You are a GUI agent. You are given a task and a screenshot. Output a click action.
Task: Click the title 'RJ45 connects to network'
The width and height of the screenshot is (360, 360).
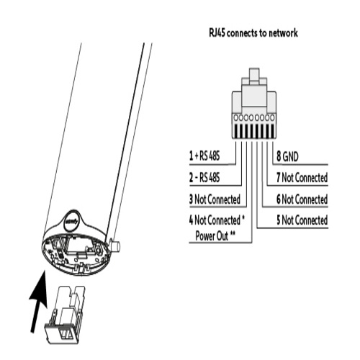click(253, 33)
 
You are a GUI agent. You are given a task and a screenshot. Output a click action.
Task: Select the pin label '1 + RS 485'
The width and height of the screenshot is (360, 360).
click(204, 156)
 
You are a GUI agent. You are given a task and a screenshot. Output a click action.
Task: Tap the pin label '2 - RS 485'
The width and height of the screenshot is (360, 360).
click(204, 178)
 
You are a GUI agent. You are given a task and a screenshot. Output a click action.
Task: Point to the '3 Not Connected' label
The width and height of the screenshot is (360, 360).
click(215, 199)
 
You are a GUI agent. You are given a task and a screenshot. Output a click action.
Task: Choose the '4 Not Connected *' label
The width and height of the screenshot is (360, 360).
click(217, 220)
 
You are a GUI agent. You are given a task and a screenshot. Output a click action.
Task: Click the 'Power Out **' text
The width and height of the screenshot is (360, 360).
click(215, 235)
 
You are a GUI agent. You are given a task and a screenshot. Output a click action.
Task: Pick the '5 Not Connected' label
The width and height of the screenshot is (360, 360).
click(302, 220)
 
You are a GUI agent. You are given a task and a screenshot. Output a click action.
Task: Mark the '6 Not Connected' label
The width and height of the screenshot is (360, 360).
click(302, 199)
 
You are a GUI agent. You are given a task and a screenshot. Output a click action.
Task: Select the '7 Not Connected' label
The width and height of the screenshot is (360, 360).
click(302, 178)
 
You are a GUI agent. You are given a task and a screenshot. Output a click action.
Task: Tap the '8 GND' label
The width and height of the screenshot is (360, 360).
click(287, 156)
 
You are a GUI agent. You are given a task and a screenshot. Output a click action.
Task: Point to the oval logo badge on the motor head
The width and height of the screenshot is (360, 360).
click(72, 221)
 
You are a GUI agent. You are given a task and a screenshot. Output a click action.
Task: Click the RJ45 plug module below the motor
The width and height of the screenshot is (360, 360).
click(64, 315)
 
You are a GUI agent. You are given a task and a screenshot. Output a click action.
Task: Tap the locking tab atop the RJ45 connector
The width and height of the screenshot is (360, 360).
click(254, 76)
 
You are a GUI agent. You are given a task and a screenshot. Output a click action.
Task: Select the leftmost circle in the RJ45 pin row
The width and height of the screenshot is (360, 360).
click(235, 117)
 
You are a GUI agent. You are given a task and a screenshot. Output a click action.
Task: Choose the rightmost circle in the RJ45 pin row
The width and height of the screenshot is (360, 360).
click(272, 117)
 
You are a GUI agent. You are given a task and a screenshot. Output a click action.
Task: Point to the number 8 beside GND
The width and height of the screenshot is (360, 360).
click(279, 156)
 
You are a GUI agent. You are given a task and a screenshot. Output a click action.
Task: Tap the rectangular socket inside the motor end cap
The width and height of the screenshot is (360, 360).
click(77, 247)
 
